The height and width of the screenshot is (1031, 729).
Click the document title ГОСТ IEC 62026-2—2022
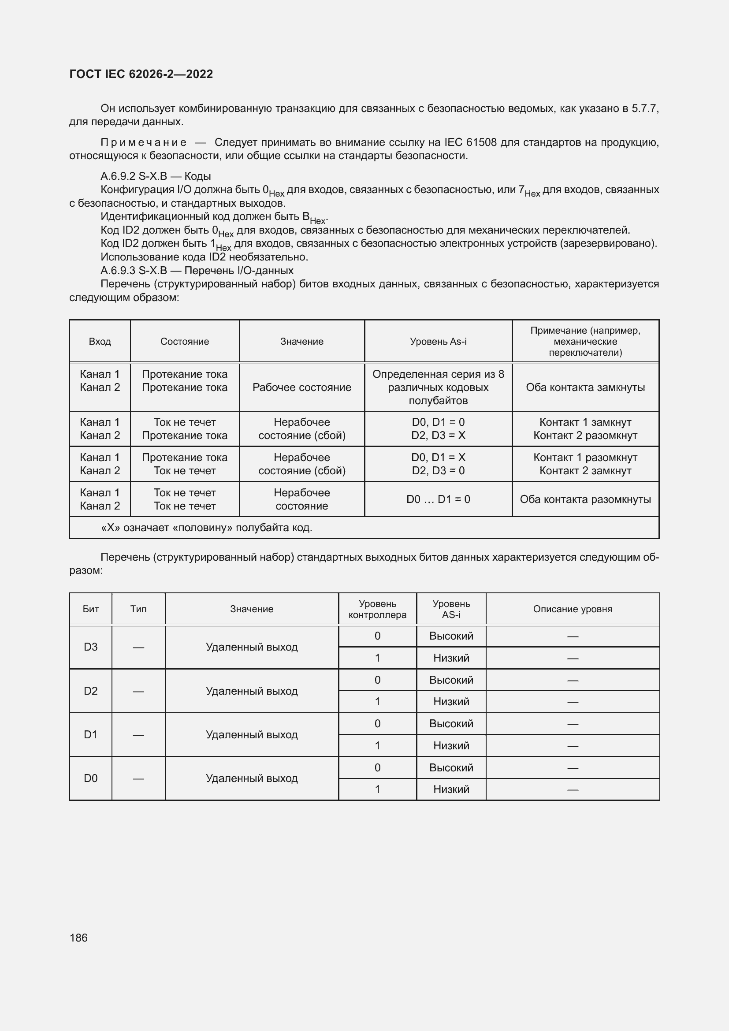click(x=141, y=74)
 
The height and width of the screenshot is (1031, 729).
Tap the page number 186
click(x=78, y=938)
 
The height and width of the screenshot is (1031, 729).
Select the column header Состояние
click(x=185, y=341)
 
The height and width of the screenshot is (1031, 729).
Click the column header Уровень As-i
click(x=438, y=341)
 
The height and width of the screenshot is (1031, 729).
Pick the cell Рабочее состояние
click(x=301, y=387)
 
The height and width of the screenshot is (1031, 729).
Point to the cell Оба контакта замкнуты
click(x=585, y=387)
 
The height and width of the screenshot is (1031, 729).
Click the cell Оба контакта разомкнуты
click(x=585, y=499)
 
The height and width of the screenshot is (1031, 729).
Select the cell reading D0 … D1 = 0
click(x=438, y=499)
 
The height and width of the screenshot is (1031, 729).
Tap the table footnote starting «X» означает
click(x=206, y=528)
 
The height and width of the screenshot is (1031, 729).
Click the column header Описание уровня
click(x=573, y=609)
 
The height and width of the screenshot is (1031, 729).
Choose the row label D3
click(x=91, y=647)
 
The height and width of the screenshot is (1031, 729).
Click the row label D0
click(x=91, y=778)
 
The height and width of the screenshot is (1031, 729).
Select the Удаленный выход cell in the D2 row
click(x=251, y=691)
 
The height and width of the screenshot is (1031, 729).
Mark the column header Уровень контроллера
click(x=377, y=609)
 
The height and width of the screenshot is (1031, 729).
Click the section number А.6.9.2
click(x=118, y=176)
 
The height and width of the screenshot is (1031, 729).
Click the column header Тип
click(x=138, y=609)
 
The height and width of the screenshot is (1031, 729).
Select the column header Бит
click(x=91, y=609)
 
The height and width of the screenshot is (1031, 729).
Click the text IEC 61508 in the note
click(x=470, y=143)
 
